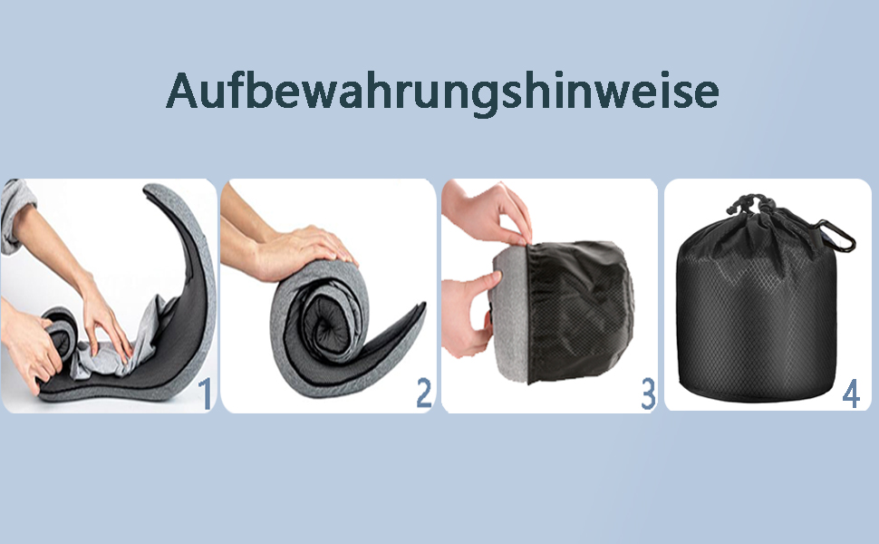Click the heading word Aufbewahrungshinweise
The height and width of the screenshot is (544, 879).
point(442,92)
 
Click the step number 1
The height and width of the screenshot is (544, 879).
point(205,393)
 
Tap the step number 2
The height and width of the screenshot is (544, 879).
point(424,393)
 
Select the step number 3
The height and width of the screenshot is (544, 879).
point(648,393)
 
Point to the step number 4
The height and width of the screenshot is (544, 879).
point(851,393)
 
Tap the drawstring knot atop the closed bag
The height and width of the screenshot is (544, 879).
point(749,204)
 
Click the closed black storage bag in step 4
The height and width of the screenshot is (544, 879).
point(758,303)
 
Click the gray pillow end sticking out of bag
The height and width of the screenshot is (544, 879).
point(510,314)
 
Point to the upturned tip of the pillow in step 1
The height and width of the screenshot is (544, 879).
point(152,190)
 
